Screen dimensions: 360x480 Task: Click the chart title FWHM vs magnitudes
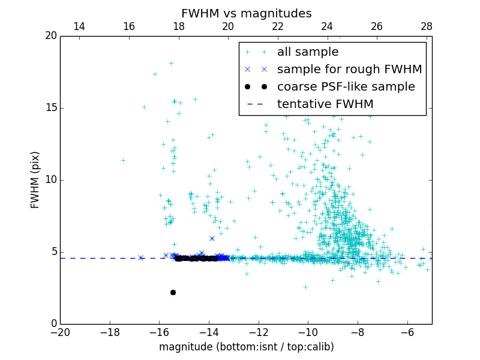tap(246, 13)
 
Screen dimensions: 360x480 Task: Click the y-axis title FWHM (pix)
tap(35, 180)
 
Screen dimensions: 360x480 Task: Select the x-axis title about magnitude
tap(246, 347)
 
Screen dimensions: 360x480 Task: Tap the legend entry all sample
tap(308, 52)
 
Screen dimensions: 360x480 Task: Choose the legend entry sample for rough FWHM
tap(349, 69)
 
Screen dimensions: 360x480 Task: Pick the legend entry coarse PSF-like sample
tap(346, 86)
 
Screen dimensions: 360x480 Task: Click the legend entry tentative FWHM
tap(325, 104)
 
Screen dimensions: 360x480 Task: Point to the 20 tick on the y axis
tap(50, 36)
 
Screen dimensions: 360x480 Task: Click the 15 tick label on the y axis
tap(50, 108)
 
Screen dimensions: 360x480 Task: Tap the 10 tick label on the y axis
tap(50, 180)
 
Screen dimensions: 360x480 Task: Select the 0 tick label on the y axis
tap(53, 324)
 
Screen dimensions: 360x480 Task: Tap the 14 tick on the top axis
tap(79, 26)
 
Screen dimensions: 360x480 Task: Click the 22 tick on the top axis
tap(277, 26)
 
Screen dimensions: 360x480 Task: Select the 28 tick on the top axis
tap(427, 26)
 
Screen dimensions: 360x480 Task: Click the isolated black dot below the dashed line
tap(173, 292)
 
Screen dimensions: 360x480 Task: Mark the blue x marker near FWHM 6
tap(212, 238)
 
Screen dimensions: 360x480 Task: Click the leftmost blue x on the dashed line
tap(141, 257)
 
